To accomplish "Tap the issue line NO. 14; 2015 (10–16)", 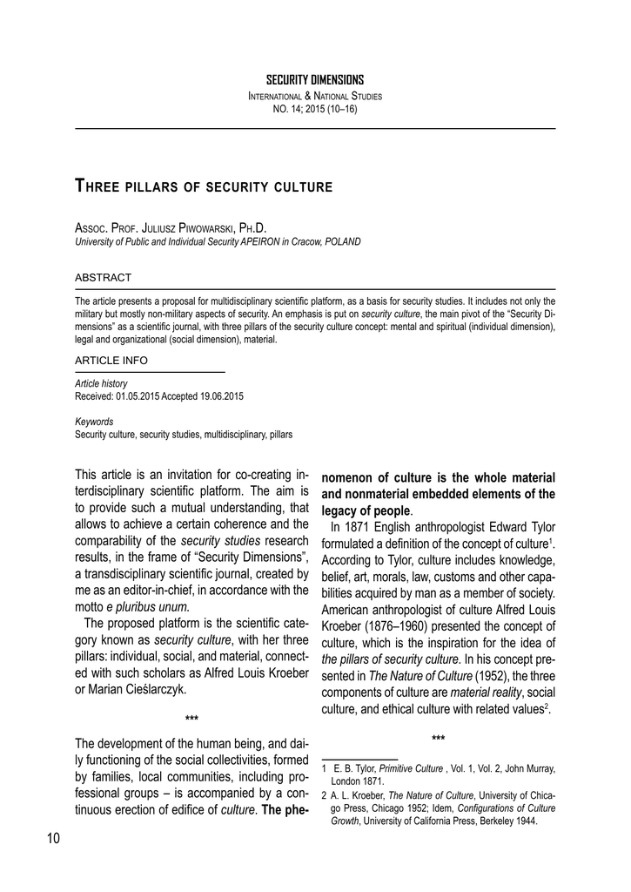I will [x=315, y=109].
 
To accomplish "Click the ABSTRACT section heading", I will [x=104, y=278].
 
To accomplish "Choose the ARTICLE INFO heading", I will [x=111, y=360].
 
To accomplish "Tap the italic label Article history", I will [x=101, y=383].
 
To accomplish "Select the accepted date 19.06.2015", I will [x=220, y=395].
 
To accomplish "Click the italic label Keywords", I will [x=94, y=421].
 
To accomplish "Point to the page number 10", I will [x=52, y=838].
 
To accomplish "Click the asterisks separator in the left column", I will [x=192, y=719].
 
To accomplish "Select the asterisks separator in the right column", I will [x=439, y=740].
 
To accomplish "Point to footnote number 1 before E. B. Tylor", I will [x=325, y=768].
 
